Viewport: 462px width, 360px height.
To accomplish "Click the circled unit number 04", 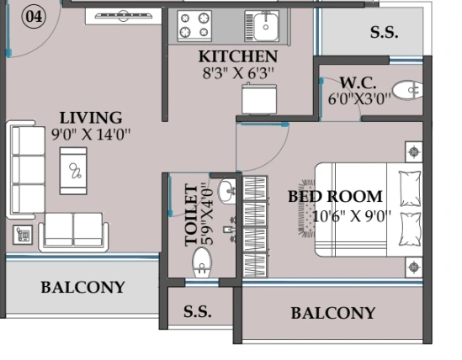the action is tap(34, 17).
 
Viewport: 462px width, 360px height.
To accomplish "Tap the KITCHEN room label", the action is tap(238, 56).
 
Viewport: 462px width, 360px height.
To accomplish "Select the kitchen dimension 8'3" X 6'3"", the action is tap(238, 73).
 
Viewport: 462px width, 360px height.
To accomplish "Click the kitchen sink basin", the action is tap(266, 27).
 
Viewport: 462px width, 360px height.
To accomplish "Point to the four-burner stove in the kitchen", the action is tap(194, 26).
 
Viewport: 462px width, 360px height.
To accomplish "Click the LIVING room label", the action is tap(91, 118).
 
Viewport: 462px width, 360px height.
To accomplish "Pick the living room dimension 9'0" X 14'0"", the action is tap(91, 135).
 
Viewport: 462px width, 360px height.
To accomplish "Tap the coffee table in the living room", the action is tap(73, 171).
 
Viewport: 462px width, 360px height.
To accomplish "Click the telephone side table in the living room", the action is tap(23, 235).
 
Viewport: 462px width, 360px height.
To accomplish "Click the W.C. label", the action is tap(358, 82).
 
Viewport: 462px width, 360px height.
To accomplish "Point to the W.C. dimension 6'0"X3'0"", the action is tap(359, 99).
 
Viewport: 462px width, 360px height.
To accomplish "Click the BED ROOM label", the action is tap(335, 197).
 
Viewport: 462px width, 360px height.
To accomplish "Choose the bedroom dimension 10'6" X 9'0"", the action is tap(352, 217).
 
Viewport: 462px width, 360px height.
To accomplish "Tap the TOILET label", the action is tap(191, 215).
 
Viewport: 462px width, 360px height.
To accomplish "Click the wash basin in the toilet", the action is tap(227, 192).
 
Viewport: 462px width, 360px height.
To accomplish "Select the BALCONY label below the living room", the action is tap(83, 287).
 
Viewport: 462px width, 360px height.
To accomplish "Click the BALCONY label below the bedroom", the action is tap(333, 313).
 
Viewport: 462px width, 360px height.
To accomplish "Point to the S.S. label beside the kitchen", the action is tap(385, 32).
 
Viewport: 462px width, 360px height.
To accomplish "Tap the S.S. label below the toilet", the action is tap(198, 311).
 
